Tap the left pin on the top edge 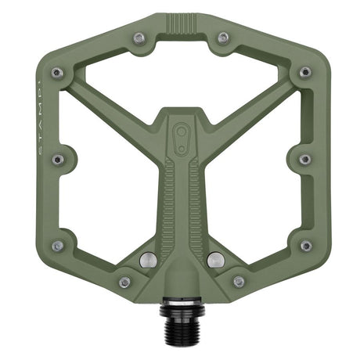[x=138, y=36]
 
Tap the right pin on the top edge [x=223, y=36]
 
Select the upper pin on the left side [x=57, y=73]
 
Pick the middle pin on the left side [x=57, y=160]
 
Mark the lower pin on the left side [x=57, y=246]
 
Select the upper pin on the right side [x=304, y=73]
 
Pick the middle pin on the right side [x=304, y=160]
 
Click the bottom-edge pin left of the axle [x=124, y=282]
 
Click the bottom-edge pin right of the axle [x=238, y=282]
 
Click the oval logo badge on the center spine [x=181, y=133]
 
